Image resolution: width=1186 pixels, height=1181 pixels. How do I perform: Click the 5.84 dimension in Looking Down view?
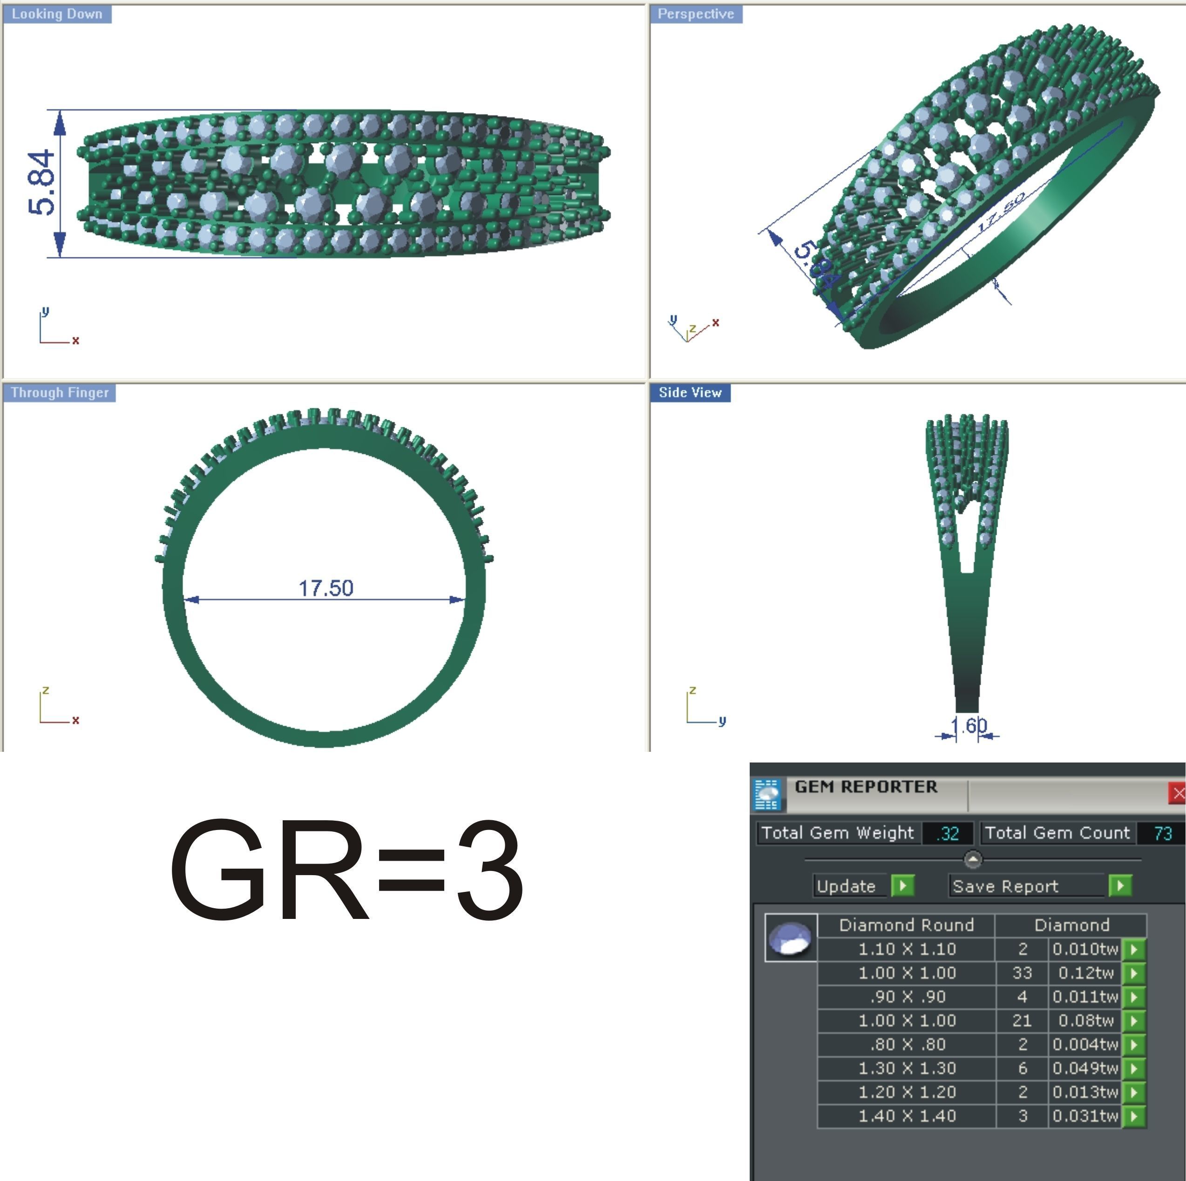tap(42, 182)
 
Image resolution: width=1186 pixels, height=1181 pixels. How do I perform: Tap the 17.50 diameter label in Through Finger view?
tap(325, 588)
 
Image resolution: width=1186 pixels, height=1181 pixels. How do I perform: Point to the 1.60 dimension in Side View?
tap(968, 726)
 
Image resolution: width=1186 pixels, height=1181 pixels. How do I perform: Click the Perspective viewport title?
tap(696, 14)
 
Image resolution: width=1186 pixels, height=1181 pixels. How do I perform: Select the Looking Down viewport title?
tap(57, 14)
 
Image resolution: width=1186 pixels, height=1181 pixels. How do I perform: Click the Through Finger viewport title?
tap(60, 393)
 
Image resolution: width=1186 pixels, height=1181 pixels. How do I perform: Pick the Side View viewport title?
tap(690, 393)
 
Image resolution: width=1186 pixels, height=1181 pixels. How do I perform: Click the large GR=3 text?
tap(347, 871)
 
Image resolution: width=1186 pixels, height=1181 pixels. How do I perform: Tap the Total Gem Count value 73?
tap(1162, 834)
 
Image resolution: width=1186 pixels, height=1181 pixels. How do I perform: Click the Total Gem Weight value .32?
tap(948, 834)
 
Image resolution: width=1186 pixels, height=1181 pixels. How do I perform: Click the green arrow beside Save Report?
tap(1120, 886)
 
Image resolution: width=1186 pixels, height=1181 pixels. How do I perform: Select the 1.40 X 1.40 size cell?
tap(907, 1116)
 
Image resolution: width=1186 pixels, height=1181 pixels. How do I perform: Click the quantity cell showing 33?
tap(1022, 973)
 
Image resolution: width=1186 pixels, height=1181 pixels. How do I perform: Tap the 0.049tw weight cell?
tap(1084, 1068)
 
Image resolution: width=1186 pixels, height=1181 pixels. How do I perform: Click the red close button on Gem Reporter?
tap(1178, 794)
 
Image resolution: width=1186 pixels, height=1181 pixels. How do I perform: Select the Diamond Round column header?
tap(906, 925)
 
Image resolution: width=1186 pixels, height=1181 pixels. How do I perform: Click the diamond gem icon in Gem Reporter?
tap(791, 938)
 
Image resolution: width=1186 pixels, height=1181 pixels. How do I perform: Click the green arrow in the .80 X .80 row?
tap(1134, 1045)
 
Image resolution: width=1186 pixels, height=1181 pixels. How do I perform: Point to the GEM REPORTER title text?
tap(866, 787)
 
